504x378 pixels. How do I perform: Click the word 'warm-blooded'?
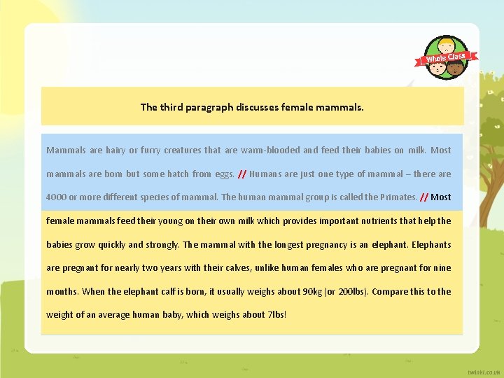[270, 150]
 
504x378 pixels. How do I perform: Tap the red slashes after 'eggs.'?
[241, 174]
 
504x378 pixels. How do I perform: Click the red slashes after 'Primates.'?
[423, 197]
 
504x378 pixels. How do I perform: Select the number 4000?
[57, 197]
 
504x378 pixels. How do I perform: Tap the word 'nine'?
[442, 268]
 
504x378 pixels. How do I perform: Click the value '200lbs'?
[351, 291]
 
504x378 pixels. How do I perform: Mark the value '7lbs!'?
[276, 315]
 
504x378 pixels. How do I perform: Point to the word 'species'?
[148, 197]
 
